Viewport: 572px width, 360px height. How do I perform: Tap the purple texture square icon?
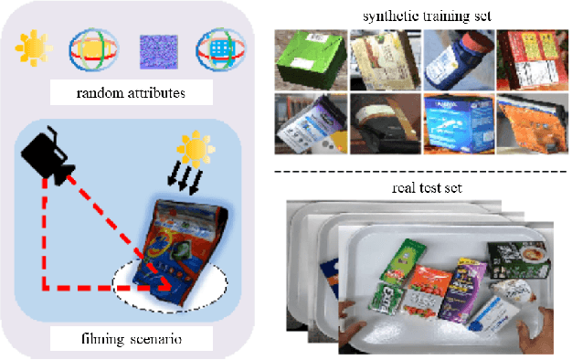pos(154,51)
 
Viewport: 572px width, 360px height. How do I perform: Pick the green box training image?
pos(310,59)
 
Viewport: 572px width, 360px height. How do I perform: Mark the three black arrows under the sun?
pos(191,181)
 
